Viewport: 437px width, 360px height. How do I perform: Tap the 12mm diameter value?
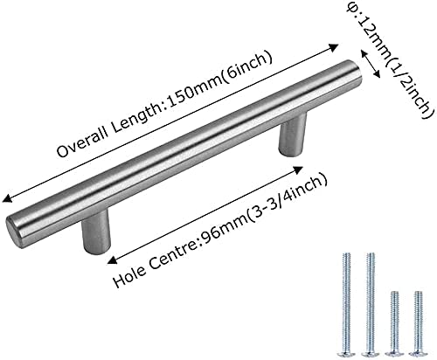(369, 33)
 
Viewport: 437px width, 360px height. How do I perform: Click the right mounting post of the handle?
(292, 135)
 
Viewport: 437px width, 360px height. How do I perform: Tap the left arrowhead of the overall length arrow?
(7, 198)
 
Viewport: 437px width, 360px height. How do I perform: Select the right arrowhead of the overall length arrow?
(333, 48)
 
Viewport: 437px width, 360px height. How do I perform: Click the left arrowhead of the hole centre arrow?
(112, 260)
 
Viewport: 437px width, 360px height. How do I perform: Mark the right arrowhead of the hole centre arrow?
(298, 170)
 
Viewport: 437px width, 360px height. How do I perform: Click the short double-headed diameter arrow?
(371, 64)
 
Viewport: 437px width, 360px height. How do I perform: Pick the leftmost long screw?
(346, 305)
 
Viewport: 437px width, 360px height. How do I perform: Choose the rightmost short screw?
(418, 324)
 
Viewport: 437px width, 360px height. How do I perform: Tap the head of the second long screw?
(370, 354)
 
